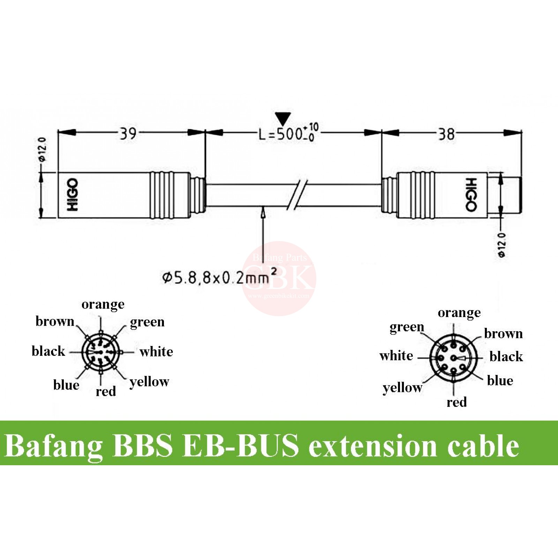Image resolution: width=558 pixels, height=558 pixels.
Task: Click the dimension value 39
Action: click(128, 134)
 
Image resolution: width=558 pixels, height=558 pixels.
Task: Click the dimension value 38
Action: click(447, 134)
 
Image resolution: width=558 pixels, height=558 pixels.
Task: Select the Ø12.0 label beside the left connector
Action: click(43, 149)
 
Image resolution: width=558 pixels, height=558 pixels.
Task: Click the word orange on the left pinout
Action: click(103, 304)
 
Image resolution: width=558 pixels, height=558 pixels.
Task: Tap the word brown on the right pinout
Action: click(503, 334)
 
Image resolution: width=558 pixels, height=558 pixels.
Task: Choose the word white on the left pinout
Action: click(156, 352)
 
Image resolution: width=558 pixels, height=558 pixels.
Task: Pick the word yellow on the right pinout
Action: click(402, 387)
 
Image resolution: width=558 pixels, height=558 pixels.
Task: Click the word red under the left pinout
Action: click(106, 391)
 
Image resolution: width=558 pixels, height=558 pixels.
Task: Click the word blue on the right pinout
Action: click(500, 380)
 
